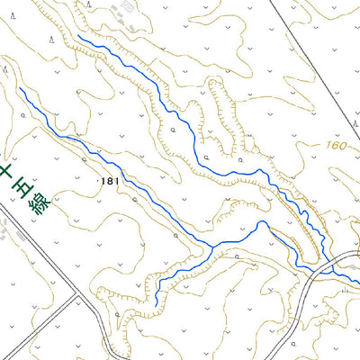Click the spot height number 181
tap(112, 182)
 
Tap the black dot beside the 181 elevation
tap(100, 182)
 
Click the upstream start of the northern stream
tap(79, 37)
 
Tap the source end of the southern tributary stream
tap(156, 303)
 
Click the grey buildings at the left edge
tap(9, 236)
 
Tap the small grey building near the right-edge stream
tap(346, 290)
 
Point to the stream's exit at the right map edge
tap(358, 283)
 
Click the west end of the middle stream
tap(20, 89)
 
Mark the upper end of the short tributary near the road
tap(270, 229)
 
